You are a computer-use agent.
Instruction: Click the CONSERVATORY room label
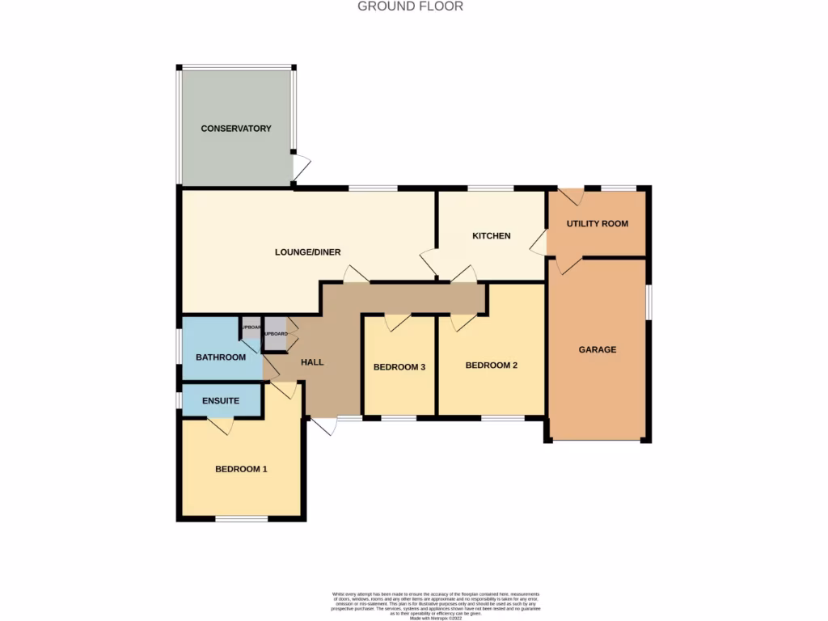[236, 129]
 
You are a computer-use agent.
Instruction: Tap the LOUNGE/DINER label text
[307, 252]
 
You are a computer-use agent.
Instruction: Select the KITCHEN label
[492, 236]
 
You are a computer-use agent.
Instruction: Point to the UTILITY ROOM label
[597, 224]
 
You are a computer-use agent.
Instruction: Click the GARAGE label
[598, 350]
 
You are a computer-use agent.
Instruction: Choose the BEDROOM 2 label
[491, 365]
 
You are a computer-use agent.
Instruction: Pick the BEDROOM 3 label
[399, 367]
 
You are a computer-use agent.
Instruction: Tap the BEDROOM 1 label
[241, 469]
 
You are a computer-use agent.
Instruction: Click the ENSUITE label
[221, 400]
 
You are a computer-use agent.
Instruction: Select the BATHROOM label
[221, 357]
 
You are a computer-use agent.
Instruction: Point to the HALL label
[312, 362]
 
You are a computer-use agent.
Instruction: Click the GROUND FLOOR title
[411, 6]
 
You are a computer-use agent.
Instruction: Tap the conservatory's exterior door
[301, 167]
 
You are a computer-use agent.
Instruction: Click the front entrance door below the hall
[324, 425]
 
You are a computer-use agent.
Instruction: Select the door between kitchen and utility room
[538, 240]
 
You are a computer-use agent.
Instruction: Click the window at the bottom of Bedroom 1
[241, 518]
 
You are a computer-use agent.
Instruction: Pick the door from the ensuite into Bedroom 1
[221, 425]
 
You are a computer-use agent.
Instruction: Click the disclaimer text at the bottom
[437, 605]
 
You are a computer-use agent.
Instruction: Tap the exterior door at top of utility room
[572, 196]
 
